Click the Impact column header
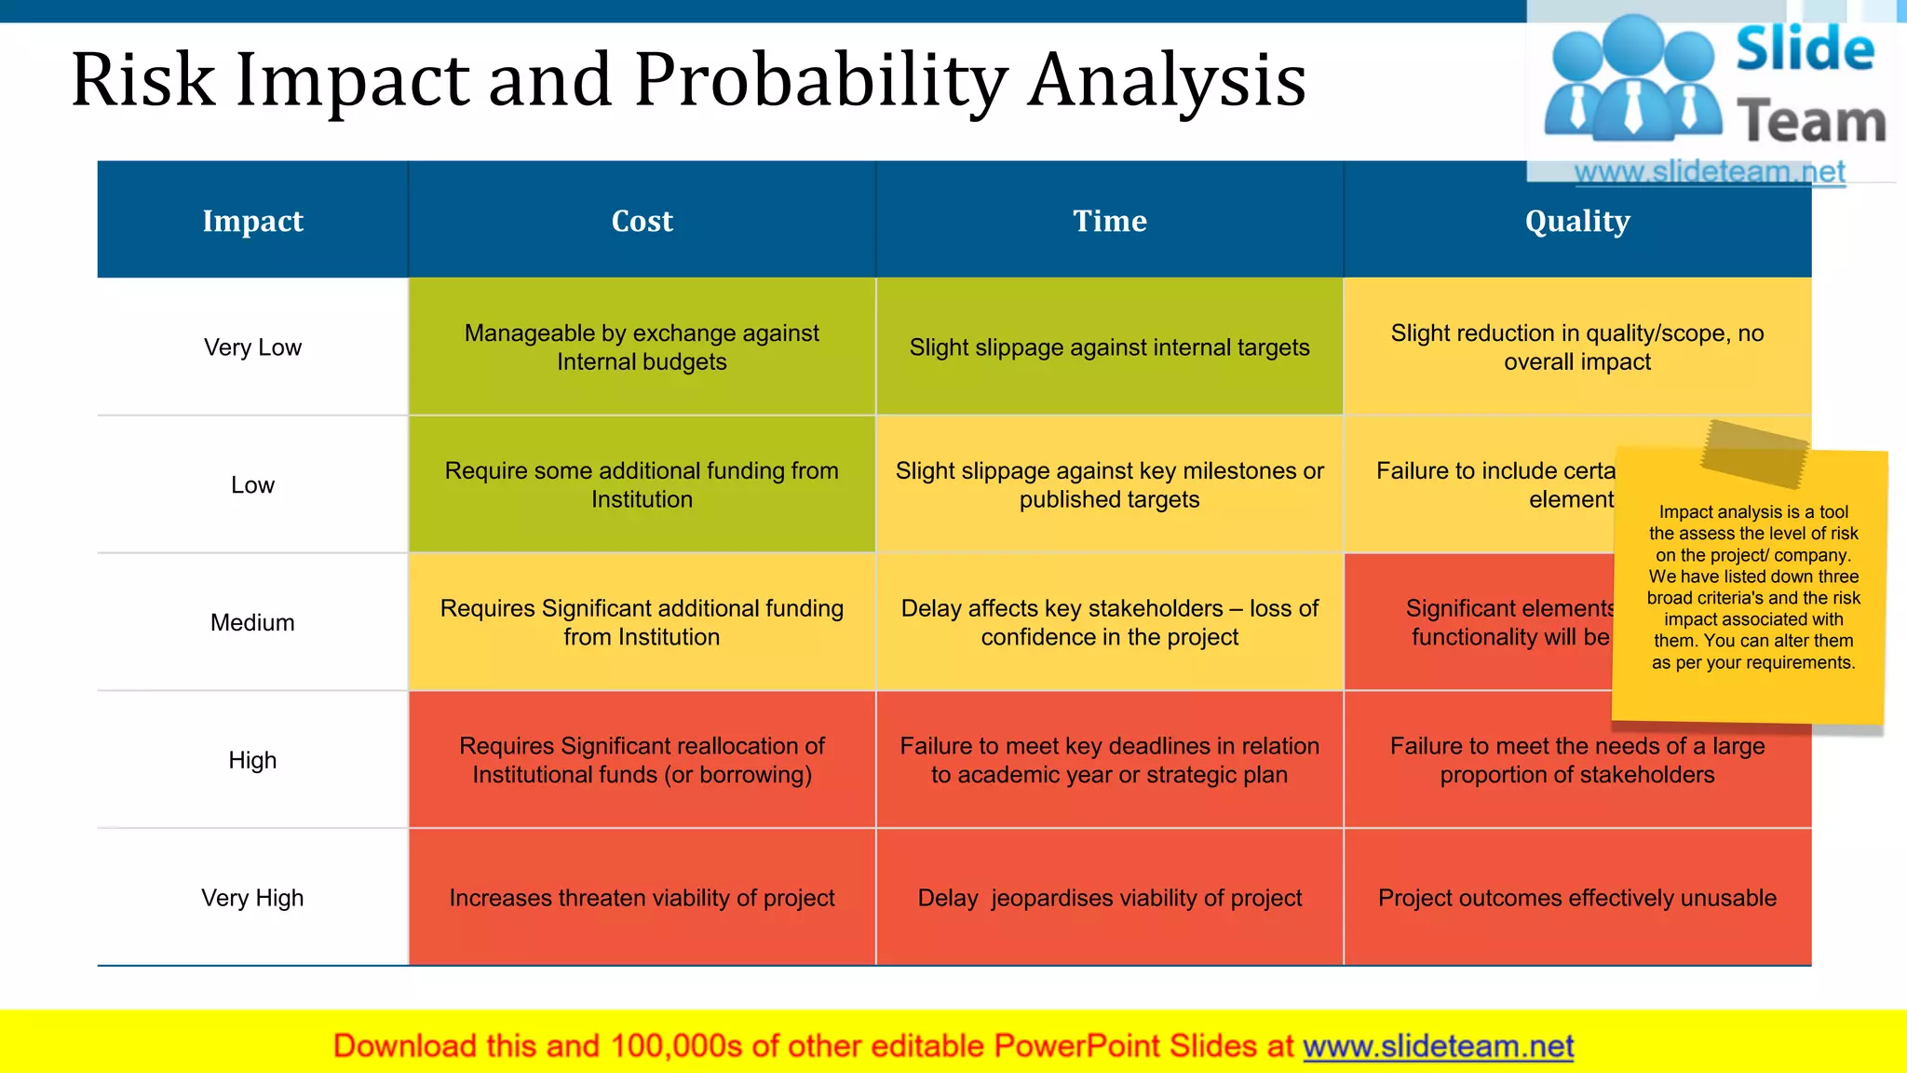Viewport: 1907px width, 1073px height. (252, 221)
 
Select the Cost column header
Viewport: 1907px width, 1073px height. (642, 221)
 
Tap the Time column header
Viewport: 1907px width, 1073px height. (1109, 221)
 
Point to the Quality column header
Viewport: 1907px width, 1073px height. (1576, 221)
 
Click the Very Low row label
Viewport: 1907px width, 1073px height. (252, 347)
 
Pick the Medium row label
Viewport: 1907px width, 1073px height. (252, 622)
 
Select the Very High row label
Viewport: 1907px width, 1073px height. (252, 898)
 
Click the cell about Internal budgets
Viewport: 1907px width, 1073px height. (642, 347)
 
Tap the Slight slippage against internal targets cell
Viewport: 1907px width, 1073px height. (1109, 347)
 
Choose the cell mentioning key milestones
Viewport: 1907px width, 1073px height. (1109, 484)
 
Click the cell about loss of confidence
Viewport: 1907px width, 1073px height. (1109, 622)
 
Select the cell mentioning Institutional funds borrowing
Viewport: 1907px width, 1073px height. (642, 760)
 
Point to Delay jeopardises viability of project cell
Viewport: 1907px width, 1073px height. (1109, 898)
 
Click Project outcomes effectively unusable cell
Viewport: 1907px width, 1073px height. (1576, 898)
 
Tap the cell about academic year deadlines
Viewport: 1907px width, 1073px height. (1109, 760)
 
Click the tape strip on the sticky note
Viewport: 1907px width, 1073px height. (1753, 454)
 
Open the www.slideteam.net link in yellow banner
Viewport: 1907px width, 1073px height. (1438, 1046)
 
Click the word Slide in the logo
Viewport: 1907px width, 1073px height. (1805, 49)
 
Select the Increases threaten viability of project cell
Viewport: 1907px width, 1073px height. (642, 898)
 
